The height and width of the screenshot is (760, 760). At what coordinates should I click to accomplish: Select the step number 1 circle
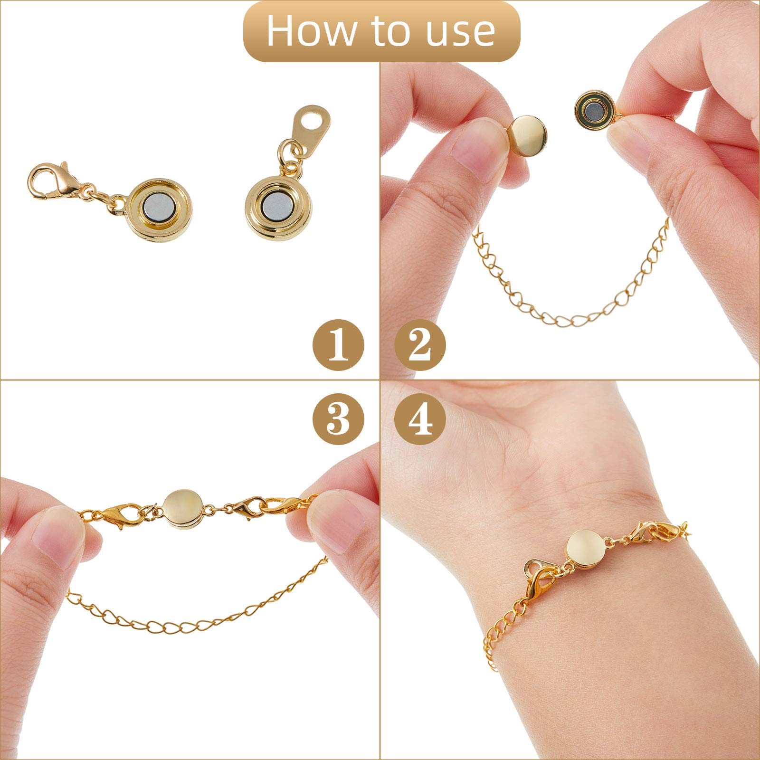click(x=338, y=345)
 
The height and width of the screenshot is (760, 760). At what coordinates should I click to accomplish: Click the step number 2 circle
click(x=420, y=345)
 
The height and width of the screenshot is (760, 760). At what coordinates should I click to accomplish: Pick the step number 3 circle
click(x=338, y=419)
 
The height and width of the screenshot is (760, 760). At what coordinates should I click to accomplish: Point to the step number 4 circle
click(x=420, y=419)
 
